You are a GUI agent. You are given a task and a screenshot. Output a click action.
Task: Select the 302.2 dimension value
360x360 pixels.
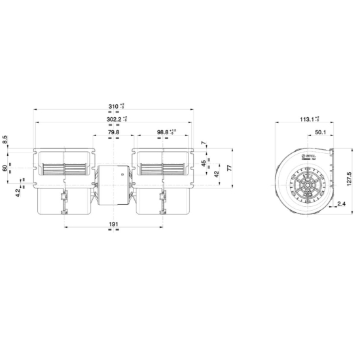pyautogui.click(x=114, y=120)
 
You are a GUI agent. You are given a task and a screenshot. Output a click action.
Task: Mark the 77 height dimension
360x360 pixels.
pyautogui.click(x=230, y=168)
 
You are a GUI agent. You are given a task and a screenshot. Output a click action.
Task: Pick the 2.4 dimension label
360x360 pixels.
pyautogui.click(x=341, y=205)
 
